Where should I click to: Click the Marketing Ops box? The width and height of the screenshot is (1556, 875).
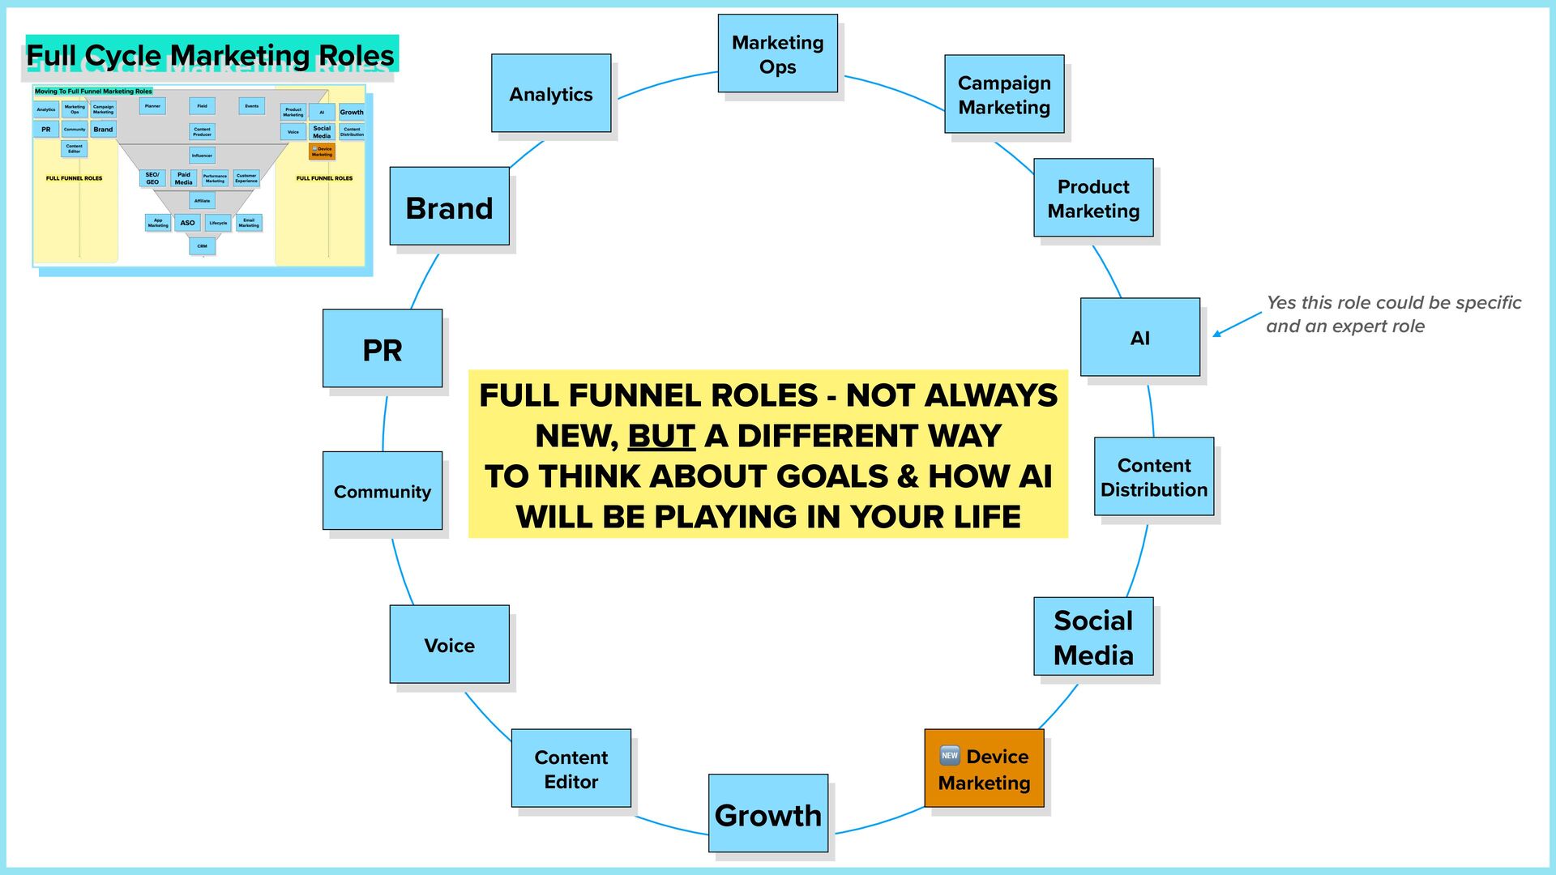[777, 53]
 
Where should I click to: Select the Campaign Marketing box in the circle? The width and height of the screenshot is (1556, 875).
[1004, 94]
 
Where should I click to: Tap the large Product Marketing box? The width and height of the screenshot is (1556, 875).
[1093, 198]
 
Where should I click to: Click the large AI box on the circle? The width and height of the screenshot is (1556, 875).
[1139, 337]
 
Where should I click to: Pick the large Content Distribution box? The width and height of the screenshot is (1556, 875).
[1153, 476]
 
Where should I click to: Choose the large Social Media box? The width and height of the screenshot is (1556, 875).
[1092, 637]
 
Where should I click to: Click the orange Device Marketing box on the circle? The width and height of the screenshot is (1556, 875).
[984, 768]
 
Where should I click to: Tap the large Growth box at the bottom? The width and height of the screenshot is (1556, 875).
[767, 813]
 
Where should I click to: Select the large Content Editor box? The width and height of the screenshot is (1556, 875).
[571, 768]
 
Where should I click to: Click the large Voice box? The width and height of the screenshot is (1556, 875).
[449, 644]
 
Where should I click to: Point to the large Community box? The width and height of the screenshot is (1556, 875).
[382, 491]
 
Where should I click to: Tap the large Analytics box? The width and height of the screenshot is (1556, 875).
[550, 93]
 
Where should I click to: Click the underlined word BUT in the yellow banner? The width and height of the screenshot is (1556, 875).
[661, 436]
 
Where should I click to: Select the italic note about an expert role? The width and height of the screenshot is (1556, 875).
[1392, 314]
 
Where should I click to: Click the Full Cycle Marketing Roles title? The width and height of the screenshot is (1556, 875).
[211, 55]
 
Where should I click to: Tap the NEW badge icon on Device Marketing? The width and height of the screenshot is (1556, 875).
[950, 755]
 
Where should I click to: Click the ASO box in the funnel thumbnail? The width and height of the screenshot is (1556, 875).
[187, 223]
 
